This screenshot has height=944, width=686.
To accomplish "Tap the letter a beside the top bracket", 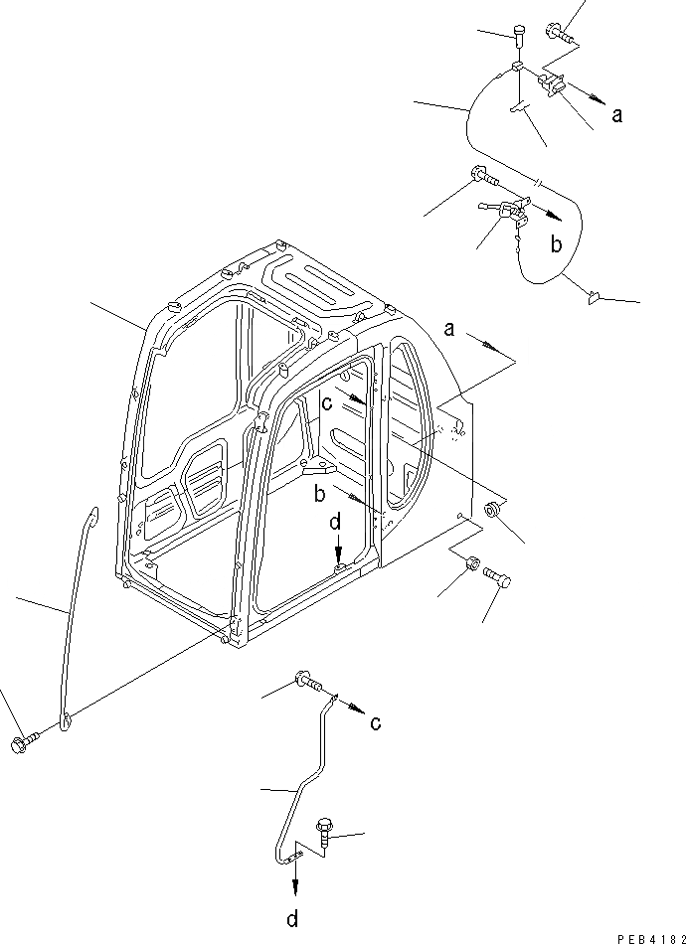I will pyautogui.click(x=617, y=115).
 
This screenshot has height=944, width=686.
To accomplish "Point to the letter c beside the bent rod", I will pyautogui.click(x=374, y=723).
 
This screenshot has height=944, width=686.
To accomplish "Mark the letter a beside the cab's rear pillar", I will pyautogui.click(x=449, y=329).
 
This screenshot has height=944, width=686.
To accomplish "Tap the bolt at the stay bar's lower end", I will pyautogui.click(x=23, y=742).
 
